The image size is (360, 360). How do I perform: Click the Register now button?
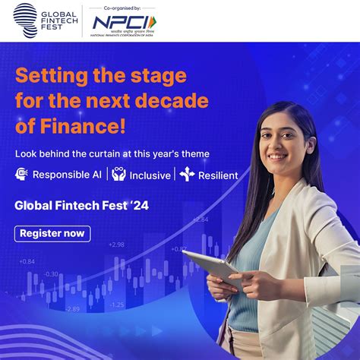52,233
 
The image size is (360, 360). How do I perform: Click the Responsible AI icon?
21,175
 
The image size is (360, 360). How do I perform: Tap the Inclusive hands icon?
118,175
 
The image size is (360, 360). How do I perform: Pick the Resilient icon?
187,175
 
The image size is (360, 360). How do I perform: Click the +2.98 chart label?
116,245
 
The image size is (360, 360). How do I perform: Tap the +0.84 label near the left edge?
27,261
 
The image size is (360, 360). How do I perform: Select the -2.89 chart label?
71,308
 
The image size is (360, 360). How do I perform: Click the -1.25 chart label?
116,305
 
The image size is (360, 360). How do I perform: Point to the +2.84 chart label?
200,219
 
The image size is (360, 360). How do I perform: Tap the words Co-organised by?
122,7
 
